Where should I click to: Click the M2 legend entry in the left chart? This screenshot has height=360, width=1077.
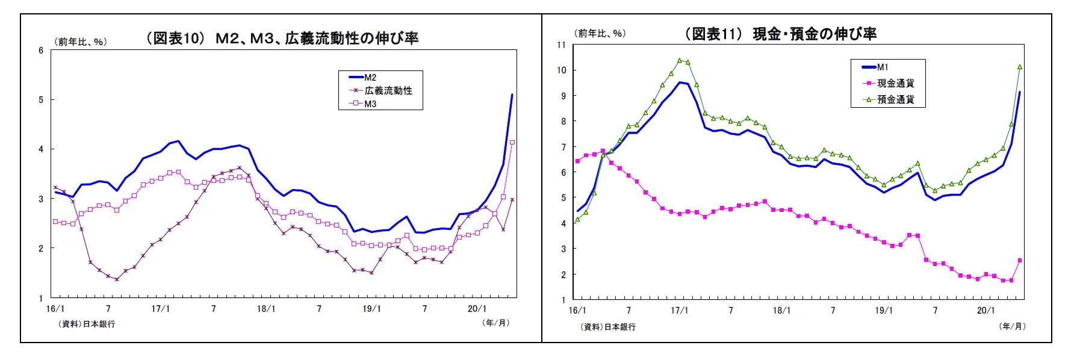point(370,78)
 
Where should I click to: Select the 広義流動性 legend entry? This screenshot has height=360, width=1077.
point(388,91)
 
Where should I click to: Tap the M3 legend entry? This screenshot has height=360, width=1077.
point(370,104)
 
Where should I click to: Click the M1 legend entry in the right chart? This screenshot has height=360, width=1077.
point(882,67)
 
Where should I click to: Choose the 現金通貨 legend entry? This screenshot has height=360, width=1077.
point(895,83)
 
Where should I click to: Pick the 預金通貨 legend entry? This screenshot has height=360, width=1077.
point(895,99)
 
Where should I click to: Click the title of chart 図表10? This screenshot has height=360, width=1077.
point(282,39)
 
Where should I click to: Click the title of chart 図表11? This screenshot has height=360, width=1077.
point(781,34)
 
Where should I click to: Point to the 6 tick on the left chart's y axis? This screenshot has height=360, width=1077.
point(41,51)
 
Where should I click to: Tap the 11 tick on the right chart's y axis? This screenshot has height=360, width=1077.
point(561,45)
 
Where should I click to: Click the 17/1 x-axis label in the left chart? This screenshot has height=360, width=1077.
point(160,309)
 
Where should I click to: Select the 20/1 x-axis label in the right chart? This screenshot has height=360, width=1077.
point(985,311)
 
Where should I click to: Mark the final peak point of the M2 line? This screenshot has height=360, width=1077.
point(512,95)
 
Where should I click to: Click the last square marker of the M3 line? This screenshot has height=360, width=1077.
point(512,143)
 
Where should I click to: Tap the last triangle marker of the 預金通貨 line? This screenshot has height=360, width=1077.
point(1020,67)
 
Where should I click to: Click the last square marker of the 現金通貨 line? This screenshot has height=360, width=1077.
point(1020,261)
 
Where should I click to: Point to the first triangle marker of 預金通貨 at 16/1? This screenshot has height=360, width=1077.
point(577,220)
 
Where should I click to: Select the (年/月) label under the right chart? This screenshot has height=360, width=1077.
point(1012,326)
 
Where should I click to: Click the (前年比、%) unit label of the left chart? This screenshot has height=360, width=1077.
point(81,42)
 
